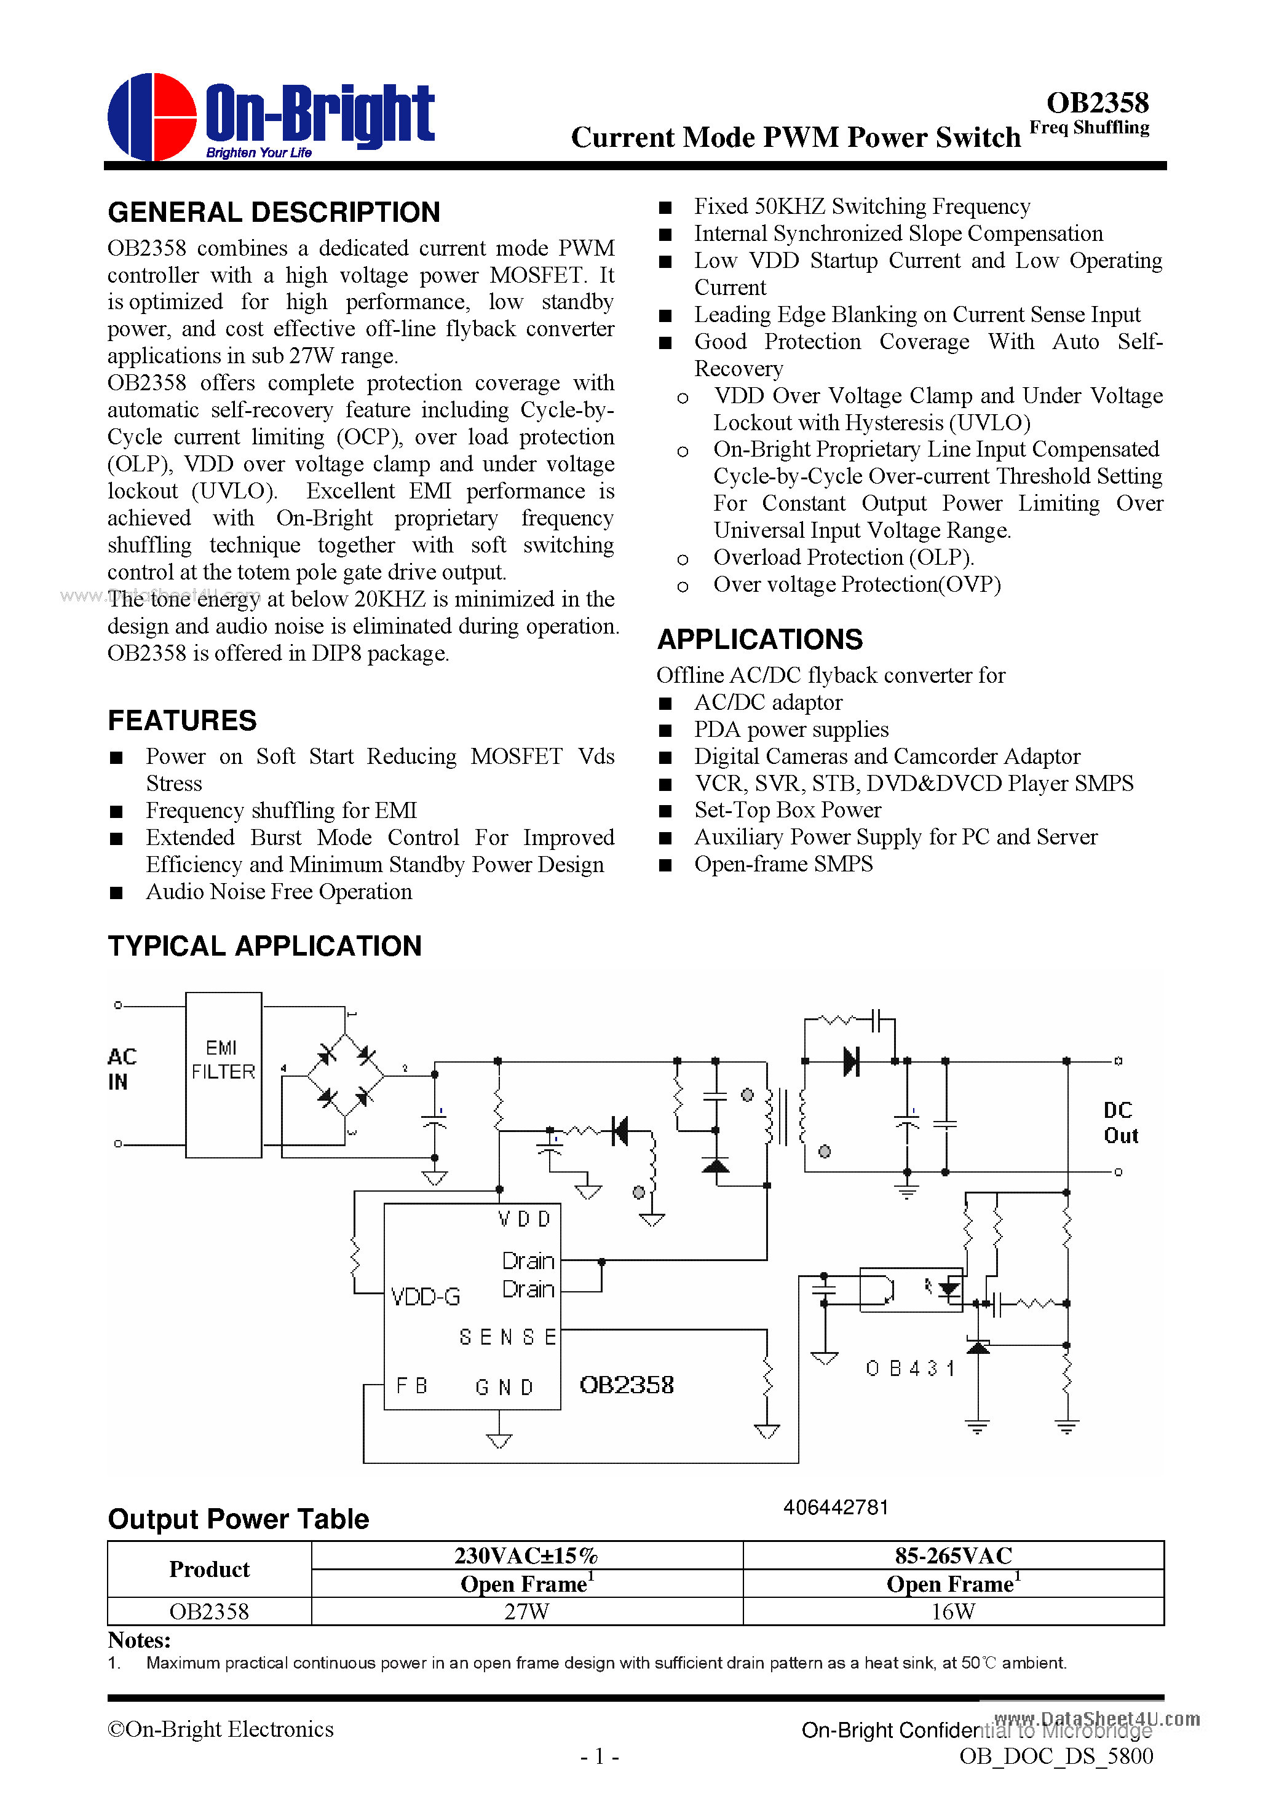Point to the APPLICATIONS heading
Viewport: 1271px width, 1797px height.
[759, 639]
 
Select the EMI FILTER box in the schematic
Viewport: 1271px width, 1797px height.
[223, 1074]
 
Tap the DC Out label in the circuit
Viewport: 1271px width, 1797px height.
[1120, 1122]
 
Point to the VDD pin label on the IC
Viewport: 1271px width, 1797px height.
[524, 1219]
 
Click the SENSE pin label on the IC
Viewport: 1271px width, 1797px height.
[507, 1337]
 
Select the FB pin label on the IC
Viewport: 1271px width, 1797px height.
[411, 1386]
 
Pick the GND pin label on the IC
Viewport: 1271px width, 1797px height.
[504, 1388]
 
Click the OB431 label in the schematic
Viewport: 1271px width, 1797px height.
[910, 1368]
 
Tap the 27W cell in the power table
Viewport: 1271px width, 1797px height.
[526, 1611]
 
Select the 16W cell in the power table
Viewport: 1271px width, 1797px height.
[952, 1611]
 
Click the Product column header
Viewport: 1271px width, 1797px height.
[209, 1569]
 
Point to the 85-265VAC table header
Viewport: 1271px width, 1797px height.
[952, 1555]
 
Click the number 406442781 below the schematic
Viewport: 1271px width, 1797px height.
[836, 1508]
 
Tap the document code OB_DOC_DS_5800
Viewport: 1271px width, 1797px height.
[1056, 1756]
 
